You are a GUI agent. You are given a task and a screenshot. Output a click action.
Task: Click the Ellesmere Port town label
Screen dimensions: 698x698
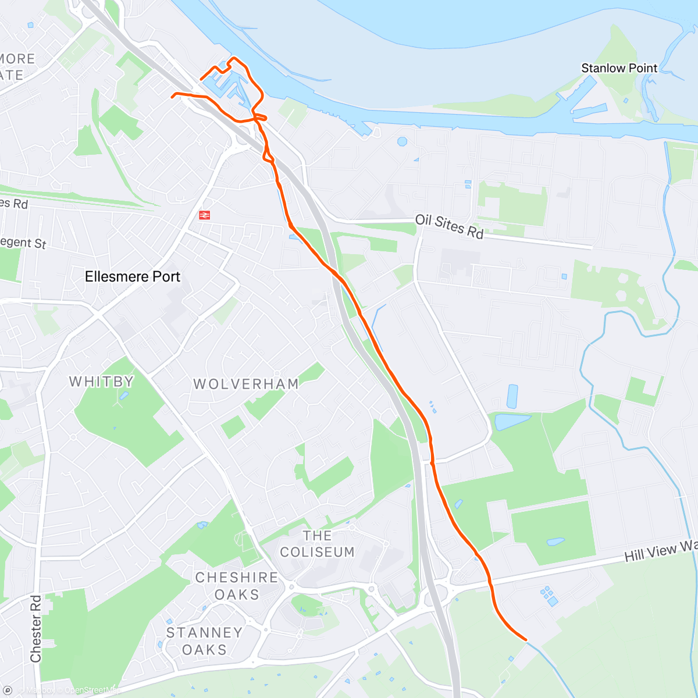click(133, 277)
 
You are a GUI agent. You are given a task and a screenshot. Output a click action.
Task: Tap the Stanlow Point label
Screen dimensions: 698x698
click(619, 68)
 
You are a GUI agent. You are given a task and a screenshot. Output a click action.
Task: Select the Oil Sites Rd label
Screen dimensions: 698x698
click(449, 227)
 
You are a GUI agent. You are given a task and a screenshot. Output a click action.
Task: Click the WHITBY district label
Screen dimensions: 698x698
click(102, 382)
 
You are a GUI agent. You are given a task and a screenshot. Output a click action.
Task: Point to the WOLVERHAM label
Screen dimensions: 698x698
click(246, 384)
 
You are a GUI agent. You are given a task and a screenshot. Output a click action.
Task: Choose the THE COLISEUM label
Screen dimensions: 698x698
click(318, 544)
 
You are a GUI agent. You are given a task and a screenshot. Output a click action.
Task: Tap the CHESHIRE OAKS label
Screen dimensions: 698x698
click(237, 586)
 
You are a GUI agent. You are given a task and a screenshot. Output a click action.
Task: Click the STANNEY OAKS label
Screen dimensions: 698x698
click(204, 641)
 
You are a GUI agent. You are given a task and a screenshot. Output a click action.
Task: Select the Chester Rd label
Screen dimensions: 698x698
click(36, 628)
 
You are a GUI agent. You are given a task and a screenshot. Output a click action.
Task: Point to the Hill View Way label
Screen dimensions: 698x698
click(661, 551)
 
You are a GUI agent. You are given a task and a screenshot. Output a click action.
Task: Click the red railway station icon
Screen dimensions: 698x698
click(204, 215)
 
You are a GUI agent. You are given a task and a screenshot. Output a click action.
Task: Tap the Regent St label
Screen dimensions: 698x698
click(23, 242)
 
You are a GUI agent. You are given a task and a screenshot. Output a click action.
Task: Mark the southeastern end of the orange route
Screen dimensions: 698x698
click(526, 639)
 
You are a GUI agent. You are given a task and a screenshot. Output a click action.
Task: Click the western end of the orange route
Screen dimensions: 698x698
click(172, 97)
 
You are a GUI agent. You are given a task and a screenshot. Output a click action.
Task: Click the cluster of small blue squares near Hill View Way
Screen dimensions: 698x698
click(549, 596)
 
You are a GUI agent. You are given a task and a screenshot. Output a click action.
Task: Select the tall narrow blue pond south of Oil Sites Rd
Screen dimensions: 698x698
click(512, 396)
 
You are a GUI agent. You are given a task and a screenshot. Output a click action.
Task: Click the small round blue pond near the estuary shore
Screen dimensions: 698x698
click(402, 141)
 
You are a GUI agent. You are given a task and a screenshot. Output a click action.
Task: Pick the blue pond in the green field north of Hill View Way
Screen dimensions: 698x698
click(555, 542)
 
